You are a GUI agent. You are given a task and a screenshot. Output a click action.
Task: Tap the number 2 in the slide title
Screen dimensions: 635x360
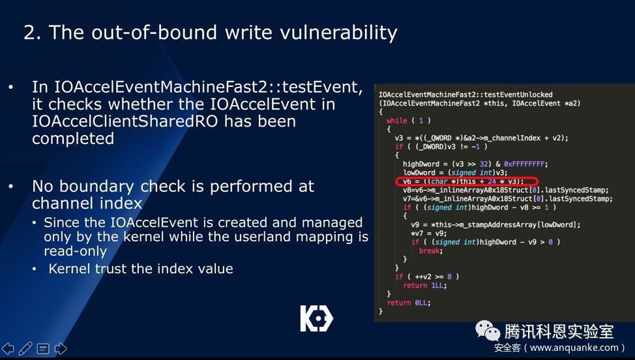pyautogui.click(x=29, y=33)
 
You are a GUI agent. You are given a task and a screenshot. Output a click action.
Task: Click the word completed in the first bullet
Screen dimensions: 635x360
pyautogui.click(x=73, y=138)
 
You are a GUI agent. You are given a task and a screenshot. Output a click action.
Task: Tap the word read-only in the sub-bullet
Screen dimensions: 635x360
pyautogui.click(x=76, y=251)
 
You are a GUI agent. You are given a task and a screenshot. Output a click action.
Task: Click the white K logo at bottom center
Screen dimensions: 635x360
pyautogui.click(x=317, y=318)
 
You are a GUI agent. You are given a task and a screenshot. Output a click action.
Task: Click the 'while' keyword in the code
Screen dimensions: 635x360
pyautogui.click(x=396, y=120)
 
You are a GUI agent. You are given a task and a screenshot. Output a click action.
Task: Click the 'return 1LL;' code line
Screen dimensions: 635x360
pyautogui.click(x=425, y=285)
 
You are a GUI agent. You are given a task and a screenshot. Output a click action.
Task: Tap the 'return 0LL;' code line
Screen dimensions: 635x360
pyautogui.click(x=409, y=303)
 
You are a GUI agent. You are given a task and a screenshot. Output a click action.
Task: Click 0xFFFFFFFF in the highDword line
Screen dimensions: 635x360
pyautogui.click(x=525, y=164)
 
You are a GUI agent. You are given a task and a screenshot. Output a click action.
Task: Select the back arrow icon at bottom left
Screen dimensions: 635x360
pyautogui.click(x=8, y=348)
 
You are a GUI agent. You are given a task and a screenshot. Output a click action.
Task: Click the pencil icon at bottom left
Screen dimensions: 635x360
pyautogui.click(x=25, y=348)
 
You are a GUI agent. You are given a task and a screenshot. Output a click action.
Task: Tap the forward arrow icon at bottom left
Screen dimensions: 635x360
pyautogui.click(x=61, y=348)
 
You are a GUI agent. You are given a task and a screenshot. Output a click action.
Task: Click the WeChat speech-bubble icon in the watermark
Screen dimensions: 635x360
pyautogui.click(x=488, y=331)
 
